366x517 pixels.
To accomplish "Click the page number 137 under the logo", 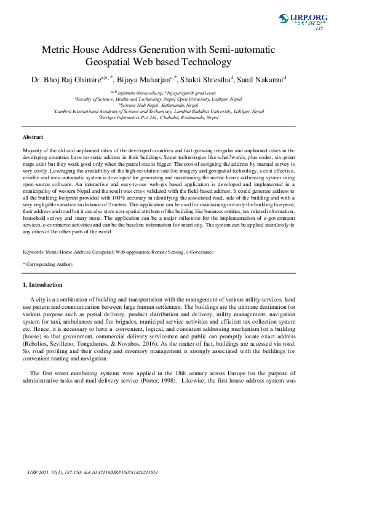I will [x=319, y=29].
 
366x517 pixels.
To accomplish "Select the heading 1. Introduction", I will [x=42, y=285].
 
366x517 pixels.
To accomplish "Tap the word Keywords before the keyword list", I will [x=33, y=252].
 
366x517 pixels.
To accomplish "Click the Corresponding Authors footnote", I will [x=49, y=265].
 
